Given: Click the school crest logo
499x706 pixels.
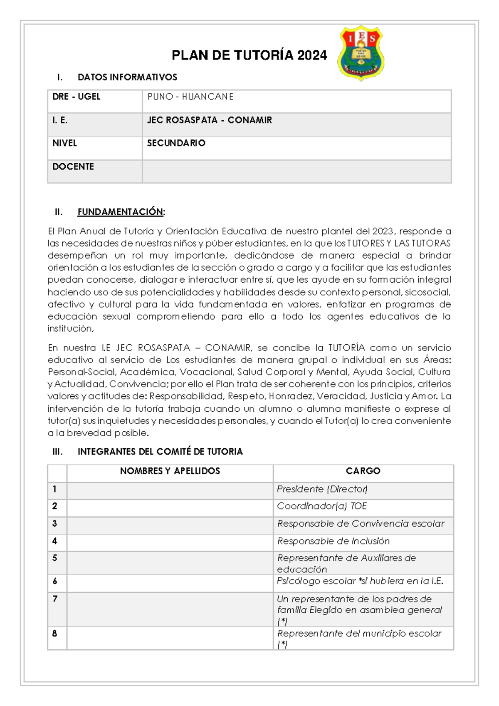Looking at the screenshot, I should coord(360,53).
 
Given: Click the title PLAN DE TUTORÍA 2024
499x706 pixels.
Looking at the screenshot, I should coord(249,55).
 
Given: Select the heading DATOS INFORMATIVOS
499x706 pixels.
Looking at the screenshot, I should coord(127,77).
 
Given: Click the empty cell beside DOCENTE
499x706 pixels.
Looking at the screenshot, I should coord(296,171).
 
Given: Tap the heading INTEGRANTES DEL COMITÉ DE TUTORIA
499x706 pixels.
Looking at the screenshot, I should coord(160,452).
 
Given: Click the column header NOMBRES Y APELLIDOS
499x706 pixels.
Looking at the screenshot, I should coord(170,471).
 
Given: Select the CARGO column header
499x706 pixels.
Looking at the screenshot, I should coord(363,471).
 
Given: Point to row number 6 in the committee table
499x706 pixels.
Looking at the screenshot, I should coord(55,581).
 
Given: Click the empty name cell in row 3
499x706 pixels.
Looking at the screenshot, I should coord(170,524).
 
